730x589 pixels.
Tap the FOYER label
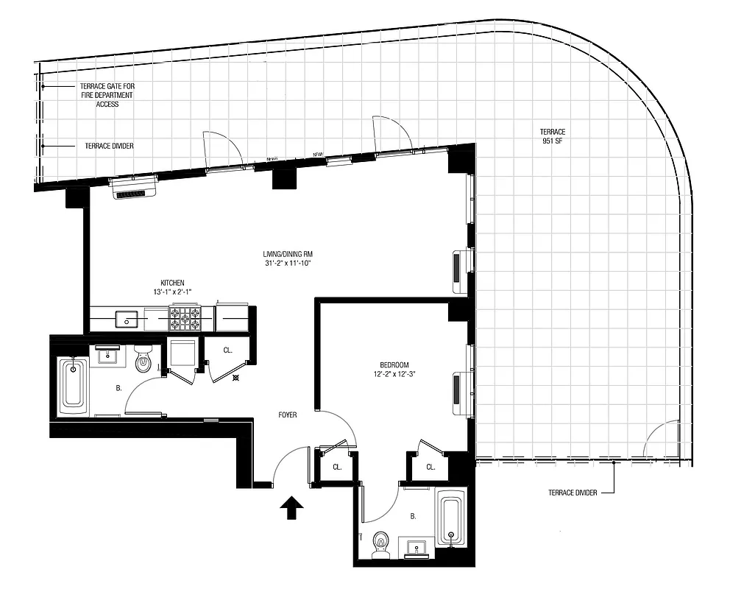click(x=288, y=415)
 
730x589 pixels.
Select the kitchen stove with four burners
click(x=185, y=318)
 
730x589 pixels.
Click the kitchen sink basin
click(x=127, y=319)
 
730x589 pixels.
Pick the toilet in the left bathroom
click(x=143, y=357)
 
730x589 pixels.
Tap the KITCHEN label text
click(x=172, y=283)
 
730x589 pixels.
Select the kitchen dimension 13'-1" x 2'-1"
click(x=172, y=292)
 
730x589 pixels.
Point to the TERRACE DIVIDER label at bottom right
click(x=572, y=493)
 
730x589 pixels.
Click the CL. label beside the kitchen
click(x=228, y=350)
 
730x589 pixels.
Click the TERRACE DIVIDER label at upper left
click(x=109, y=146)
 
